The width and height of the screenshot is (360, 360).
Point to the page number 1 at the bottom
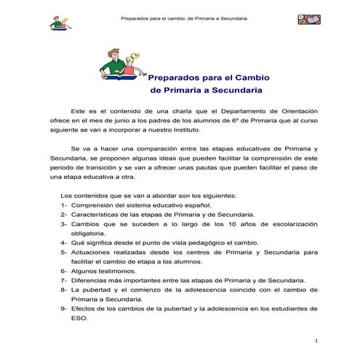point(318,340)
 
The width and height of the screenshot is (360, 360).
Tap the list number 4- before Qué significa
point(65,243)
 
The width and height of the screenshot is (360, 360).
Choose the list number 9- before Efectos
point(65,307)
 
